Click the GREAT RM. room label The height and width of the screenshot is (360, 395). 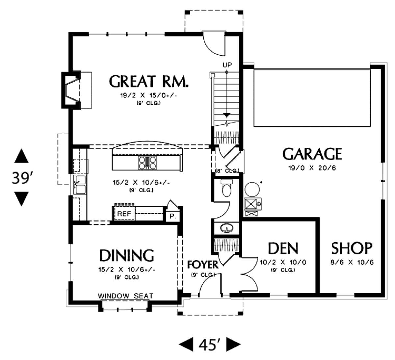(x=148, y=81)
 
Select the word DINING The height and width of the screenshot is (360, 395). (x=127, y=255)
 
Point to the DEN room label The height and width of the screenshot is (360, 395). (x=283, y=248)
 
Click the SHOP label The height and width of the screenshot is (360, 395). (x=352, y=248)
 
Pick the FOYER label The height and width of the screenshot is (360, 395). (x=203, y=265)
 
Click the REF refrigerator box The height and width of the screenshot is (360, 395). (x=124, y=214)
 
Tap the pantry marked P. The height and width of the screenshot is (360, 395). (x=173, y=217)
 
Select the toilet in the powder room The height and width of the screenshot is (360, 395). (x=227, y=188)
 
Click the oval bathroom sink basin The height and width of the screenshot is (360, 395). (x=227, y=228)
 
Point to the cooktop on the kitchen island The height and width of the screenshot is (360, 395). (x=147, y=163)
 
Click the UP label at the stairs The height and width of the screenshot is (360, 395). (x=227, y=64)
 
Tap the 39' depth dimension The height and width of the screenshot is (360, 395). (x=21, y=178)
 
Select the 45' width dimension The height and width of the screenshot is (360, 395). (x=209, y=345)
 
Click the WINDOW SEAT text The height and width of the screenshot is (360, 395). (x=125, y=296)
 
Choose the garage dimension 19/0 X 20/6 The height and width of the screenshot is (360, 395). (x=312, y=168)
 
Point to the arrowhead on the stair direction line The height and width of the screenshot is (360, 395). (x=227, y=115)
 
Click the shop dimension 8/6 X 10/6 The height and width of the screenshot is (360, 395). (x=352, y=262)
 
